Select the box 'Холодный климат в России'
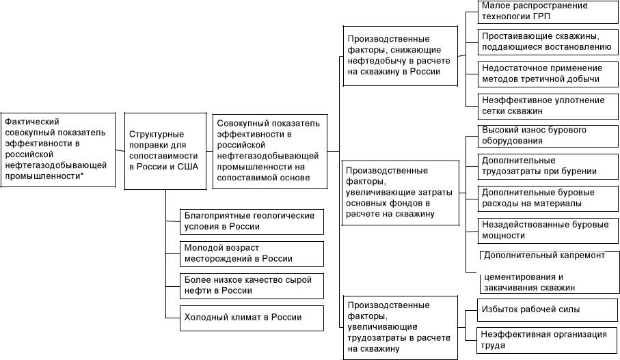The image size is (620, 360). [250, 318]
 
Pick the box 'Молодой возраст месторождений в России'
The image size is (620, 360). [250, 253]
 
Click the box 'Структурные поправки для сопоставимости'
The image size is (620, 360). [165, 150]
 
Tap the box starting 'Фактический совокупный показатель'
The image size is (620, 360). [57, 149]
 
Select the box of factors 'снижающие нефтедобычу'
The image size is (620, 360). [399, 56]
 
